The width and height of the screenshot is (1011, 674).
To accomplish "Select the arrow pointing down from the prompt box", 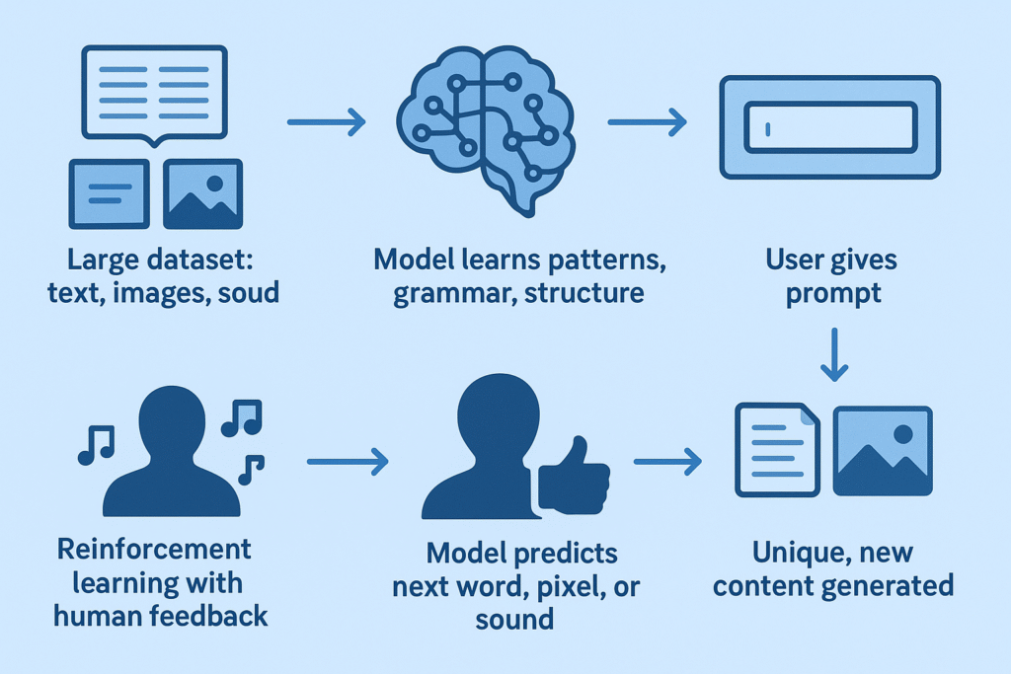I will [834, 356].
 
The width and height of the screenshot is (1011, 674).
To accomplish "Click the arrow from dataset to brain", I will [326, 122].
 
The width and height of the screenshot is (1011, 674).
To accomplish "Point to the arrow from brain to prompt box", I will [647, 122].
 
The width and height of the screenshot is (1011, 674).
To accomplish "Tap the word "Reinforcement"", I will [154, 548].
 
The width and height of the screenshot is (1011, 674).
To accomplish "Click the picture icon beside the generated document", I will [882, 450].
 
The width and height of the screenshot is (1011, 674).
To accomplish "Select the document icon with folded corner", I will [777, 449].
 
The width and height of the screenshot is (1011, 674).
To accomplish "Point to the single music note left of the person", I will [96, 444].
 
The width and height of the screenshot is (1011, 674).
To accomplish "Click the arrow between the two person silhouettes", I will [347, 460].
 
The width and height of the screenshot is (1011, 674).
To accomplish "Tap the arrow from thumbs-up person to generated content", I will [666, 460].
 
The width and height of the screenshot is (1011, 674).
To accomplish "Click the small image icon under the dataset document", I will [201, 193].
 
